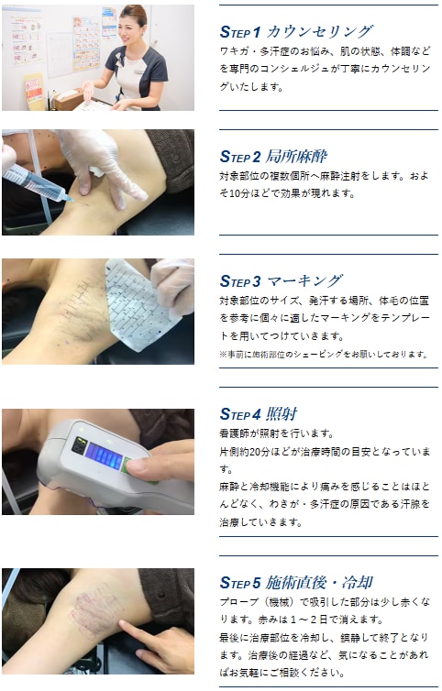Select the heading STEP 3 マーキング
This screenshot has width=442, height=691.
point(281,281)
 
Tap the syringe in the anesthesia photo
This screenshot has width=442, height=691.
point(37,182)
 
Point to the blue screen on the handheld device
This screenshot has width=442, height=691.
point(104,455)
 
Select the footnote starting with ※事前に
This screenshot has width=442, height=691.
point(323,355)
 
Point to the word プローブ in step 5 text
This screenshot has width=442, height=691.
point(239,602)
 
